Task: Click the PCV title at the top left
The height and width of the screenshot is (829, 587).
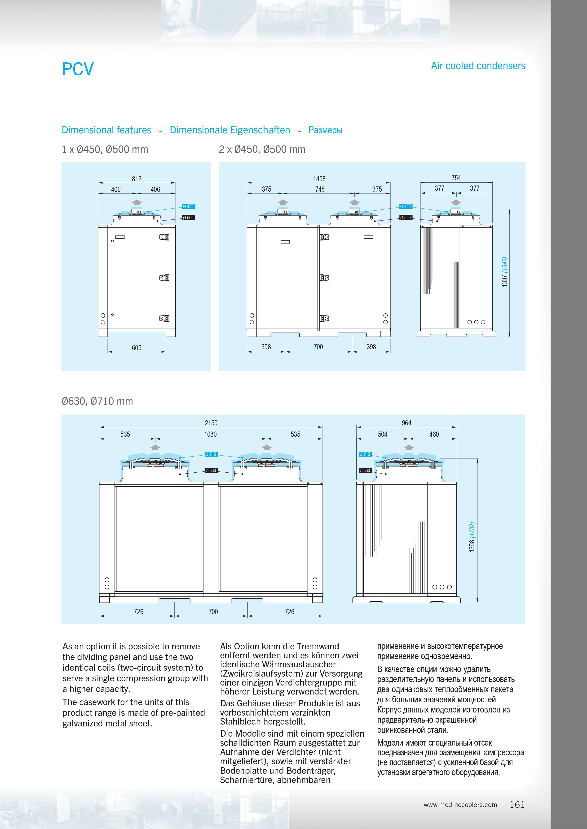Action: [78, 69]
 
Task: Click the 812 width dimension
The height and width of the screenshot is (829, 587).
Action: [137, 179]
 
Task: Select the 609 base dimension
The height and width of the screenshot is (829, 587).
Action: [137, 348]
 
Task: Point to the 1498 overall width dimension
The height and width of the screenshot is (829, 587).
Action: [319, 179]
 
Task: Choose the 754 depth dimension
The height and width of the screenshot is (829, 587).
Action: [456, 178]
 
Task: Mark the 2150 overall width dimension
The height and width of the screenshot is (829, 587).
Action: [211, 423]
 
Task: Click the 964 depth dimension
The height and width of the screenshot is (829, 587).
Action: [407, 423]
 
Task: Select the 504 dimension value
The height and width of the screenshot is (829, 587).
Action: [382, 434]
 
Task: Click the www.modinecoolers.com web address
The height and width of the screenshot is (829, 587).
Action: [460, 805]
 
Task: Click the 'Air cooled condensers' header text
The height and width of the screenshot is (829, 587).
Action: [478, 66]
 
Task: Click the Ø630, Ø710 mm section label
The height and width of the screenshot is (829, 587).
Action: [97, 401]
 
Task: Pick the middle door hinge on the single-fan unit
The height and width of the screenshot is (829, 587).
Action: [164, 278]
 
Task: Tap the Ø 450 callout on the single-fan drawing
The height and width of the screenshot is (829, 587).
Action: [188, 207]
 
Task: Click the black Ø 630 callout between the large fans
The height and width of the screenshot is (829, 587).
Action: [211, 471]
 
